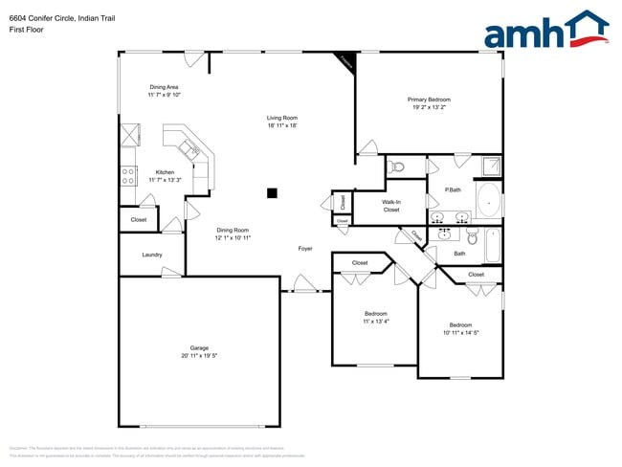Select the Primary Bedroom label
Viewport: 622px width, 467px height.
[429, 100]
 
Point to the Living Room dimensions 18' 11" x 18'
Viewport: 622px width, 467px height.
[289, 125]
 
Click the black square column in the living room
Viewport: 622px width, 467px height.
[272, 192]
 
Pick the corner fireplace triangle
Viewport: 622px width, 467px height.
[345, 60]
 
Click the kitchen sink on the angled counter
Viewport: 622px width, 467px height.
[189, 147]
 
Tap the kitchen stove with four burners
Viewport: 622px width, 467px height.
[126, 175]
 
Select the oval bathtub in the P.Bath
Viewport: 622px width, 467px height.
[489, 204]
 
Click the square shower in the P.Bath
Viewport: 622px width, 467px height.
[491, 166]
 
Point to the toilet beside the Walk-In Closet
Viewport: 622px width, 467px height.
[399, 167]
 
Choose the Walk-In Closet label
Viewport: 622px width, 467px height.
[391, 206]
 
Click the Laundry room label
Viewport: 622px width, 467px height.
[151, 255]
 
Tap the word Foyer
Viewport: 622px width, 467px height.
[305, 249]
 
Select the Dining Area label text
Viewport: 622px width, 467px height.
[164, 87]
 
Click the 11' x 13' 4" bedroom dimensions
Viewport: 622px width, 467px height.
[375, 322]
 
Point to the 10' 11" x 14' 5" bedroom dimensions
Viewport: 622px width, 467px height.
[460, 332]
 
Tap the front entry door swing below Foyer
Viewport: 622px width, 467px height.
[305, 283]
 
